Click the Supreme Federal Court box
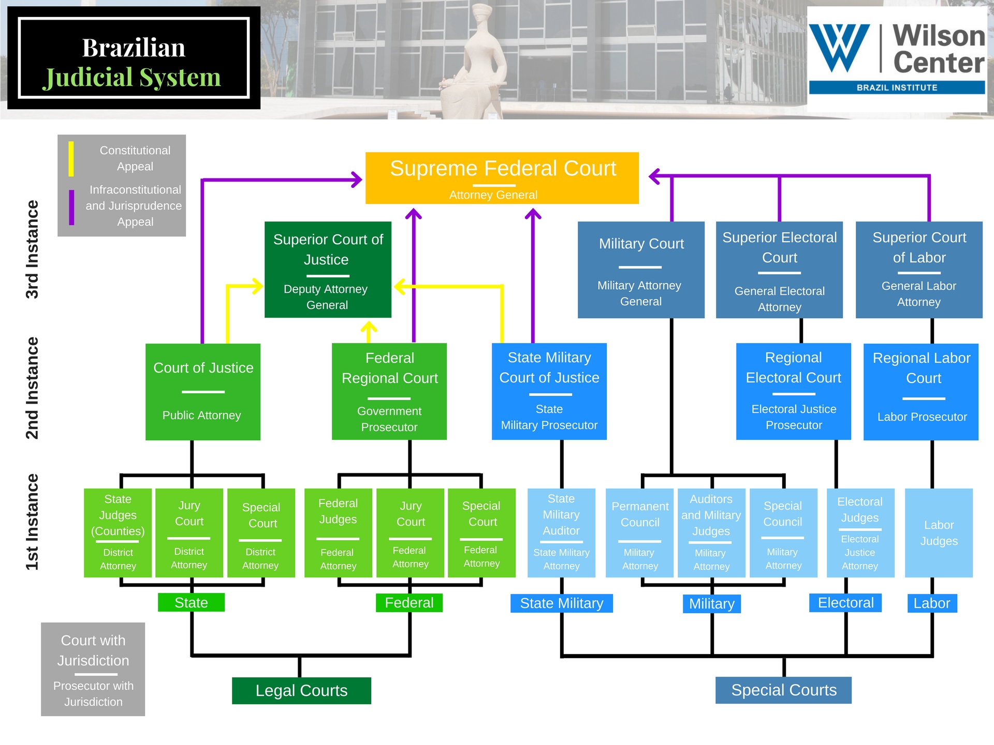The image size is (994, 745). [x=502, y=178]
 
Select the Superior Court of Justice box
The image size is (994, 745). [x=328, y=270]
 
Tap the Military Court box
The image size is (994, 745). [x=641, y=270]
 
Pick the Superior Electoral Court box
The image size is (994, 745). [x=779, y=270]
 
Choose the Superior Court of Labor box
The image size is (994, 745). [x=919, y=270]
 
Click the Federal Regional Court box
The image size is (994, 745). [x=389, y=392]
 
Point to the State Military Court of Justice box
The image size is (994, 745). [x=549, y=392]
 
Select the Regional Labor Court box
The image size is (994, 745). [x=921, y=392]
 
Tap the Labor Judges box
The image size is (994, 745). [x=939, y=533]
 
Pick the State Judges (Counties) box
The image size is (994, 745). [x=118, y=533]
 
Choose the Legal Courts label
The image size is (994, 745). [x=301, y=691]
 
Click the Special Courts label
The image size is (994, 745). [x=783, y=690]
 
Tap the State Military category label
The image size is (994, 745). [x=562, y=603]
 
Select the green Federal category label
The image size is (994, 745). [x=409, y=603]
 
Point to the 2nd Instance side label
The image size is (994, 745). [x=32, y=388]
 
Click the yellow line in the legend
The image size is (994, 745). [x=71, y=159]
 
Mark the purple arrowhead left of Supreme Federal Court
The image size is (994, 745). [x=357, y=180]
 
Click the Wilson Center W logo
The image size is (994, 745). [x=840, y=48]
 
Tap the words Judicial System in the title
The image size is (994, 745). [x=132, y=78]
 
